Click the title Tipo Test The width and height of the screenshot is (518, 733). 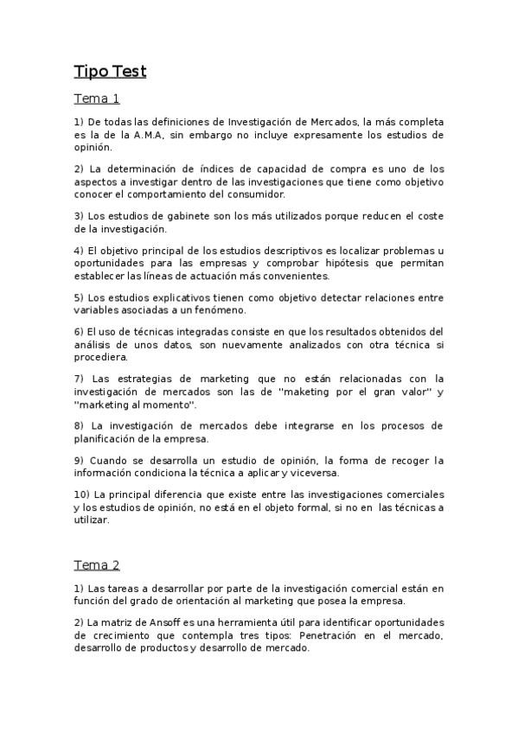[110, 71]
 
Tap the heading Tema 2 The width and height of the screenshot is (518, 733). [96, 565]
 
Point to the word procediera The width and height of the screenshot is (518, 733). [100, 356]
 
